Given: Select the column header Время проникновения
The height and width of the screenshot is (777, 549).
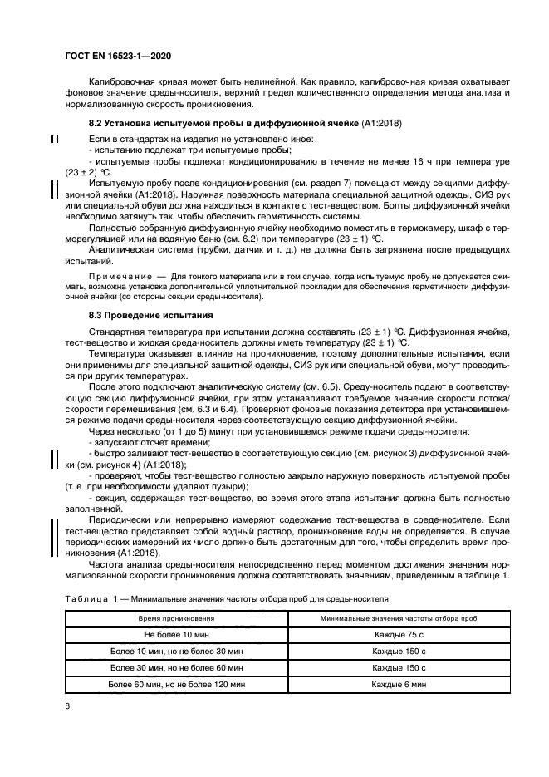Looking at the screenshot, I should [177, 620].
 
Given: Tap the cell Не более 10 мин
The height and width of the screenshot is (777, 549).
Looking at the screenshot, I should [177, 635].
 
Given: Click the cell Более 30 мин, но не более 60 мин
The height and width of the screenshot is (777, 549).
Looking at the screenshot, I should [177, 667].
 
